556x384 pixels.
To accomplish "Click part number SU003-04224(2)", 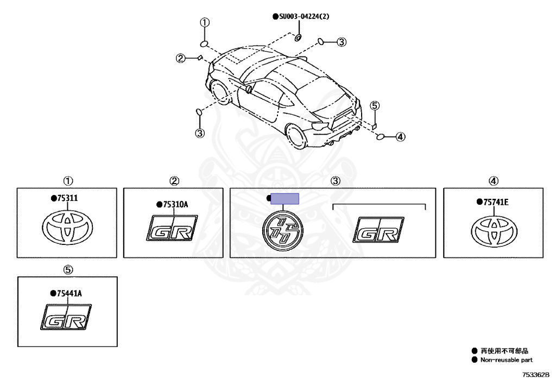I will pyautogui.click(x=304, y=17).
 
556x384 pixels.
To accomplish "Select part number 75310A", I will pyautogui.click(x=176, y=204).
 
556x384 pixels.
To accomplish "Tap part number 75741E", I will pyautogui.click(x=495, y=202).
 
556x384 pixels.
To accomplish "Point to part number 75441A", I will pyautogui.click(x=68, y=293).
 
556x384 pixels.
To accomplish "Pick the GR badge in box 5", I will pyautogui.click(x=66, y=318).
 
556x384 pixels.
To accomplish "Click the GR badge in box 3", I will pyautogui.click(x=378, y=230).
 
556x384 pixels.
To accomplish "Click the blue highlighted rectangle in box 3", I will pyautogui.click(x=285, y=199).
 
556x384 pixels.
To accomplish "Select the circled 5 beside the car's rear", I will pyautogui.click(x=375, y=106).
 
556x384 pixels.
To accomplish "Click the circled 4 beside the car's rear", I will pyautogui.click(x=400, y=137).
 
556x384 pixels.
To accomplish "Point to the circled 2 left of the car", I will pyautogui.click(x=181, y=58).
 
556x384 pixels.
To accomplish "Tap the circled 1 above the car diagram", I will pyautogui.click(x=204, y=23).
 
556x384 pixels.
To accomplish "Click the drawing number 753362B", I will pyautogui.click(x=536, y=374).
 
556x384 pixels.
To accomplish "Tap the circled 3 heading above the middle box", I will pyautogui.click(x=336, y=181).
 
